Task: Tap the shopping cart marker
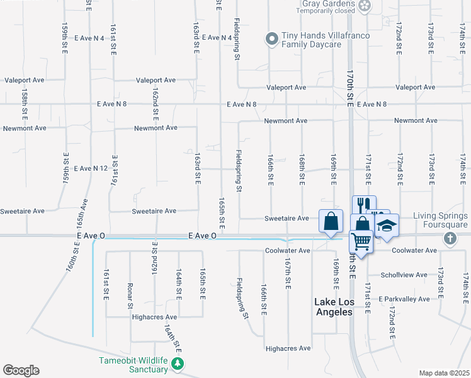tap(361, 240)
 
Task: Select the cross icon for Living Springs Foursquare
tap(449, 238)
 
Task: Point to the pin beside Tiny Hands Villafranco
tap(272, 39)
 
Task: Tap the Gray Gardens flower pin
tap(365, 6)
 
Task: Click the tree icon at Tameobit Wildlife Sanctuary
tap(178, 364)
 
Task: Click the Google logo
tap(21, 370)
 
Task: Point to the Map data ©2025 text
tap(444, 373)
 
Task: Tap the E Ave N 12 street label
tap(91, 169)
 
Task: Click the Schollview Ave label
tap(404, 275)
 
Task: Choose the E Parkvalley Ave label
tap(404, 299)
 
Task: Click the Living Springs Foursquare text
tap(441, 220)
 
